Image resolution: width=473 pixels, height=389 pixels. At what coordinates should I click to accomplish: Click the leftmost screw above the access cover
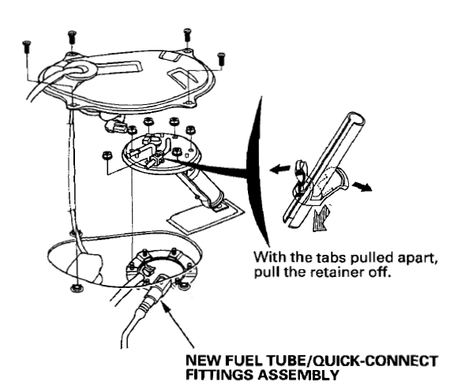pos(26,44)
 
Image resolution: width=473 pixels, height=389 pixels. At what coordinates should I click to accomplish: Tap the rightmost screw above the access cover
pos(220,57)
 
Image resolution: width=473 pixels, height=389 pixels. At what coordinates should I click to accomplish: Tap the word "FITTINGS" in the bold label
pos(218,375)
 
